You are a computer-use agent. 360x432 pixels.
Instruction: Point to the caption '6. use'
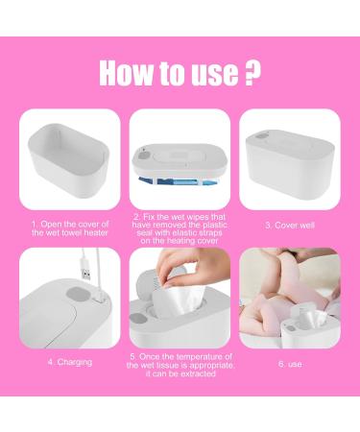(285, 362)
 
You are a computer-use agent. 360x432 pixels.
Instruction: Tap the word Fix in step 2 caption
(141, 218)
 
